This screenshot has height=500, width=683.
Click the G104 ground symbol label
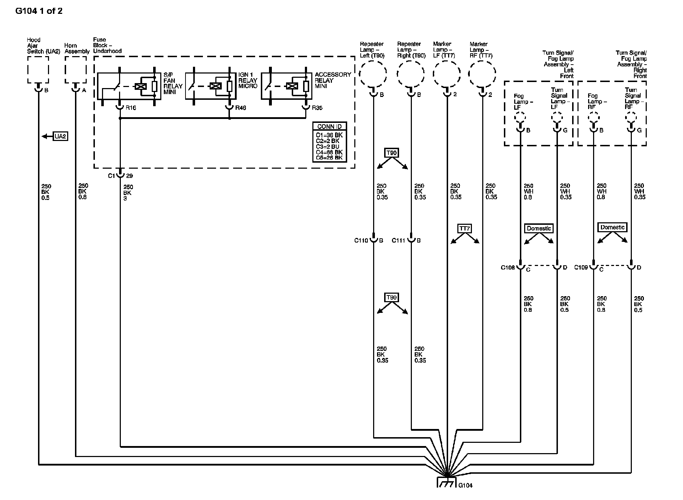click(466, 485)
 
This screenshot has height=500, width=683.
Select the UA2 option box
click(60, 136)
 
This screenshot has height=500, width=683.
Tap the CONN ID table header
click(329, 127)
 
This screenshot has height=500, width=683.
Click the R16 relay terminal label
click(131, 108)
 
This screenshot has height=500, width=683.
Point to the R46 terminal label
click(241, 108)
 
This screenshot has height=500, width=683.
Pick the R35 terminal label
click(317, 108)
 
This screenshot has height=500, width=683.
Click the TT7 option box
click(465, 228)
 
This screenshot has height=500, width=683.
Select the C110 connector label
click(361, 240)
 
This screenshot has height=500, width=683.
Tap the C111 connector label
click(398, 240)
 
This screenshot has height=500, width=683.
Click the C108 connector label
click(508, 267)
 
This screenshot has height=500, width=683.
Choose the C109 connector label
click(581, 267)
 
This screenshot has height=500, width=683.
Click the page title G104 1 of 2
click(39, 11)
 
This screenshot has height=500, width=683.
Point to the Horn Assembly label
click(77, 48)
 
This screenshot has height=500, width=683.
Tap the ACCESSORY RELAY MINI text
click(333, 80)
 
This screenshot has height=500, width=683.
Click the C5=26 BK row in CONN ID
click(329, 158)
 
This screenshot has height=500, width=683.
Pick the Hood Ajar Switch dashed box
click(38, 70)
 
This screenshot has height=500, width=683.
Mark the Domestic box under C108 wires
click(539, 228)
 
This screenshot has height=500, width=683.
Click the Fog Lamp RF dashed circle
click(593, 117)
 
